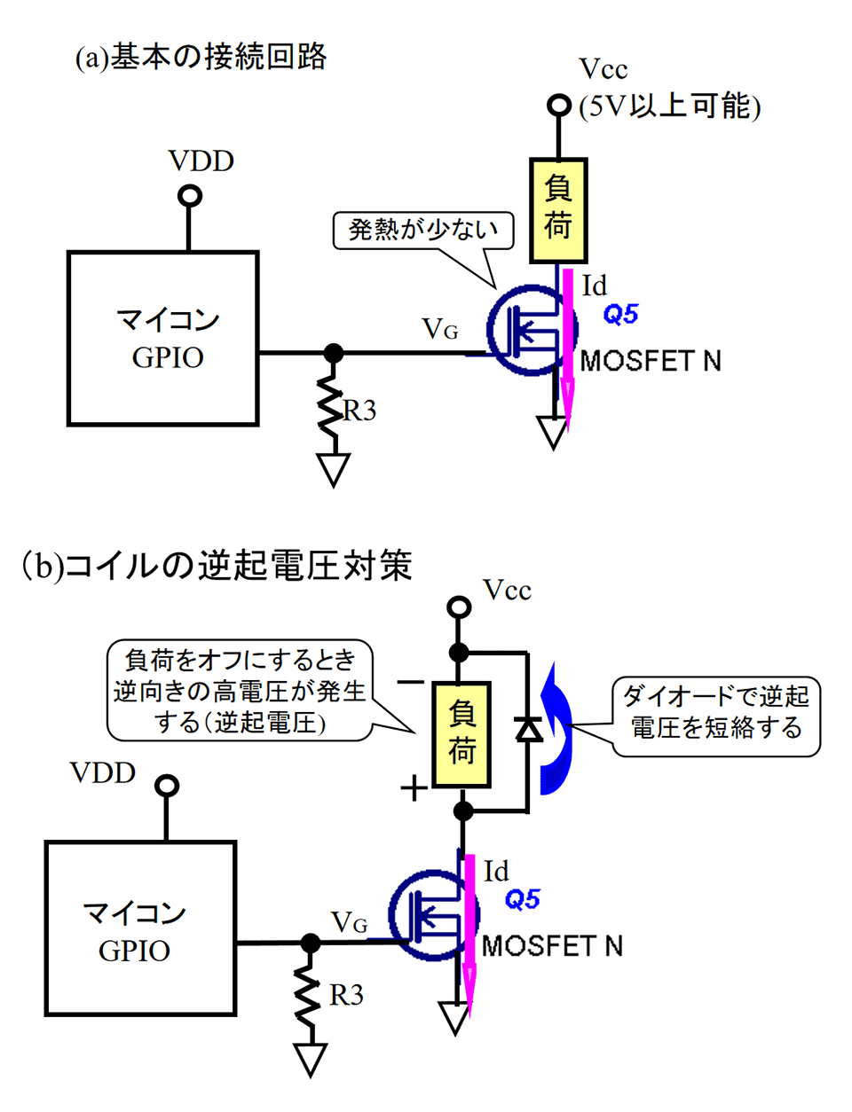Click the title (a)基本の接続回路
[x=201, y=58]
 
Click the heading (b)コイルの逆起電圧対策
[x=217, y=565]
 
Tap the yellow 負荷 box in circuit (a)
[x=557, y=211]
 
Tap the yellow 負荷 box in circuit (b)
[x=461, y=734]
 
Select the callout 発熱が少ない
[x=423, y=230]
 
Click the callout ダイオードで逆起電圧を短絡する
[x=715, y=712]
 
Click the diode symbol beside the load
[x=529, y=728]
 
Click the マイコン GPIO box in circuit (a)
[x=163, y=338]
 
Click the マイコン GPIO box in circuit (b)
[x=140, y=928]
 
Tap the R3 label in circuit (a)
[x=359, y=411]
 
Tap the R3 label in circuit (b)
[x=346, y=995]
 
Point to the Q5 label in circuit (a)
[x=620, y=314]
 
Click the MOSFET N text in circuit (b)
[x=552, y=946]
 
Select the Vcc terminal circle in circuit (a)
[x=558, y=106]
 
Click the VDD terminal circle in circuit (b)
[x=167, y=786]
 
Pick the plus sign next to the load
[x=414, y=787]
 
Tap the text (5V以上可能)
[x=670, y=106]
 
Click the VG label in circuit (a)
[x=440, y=329]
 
